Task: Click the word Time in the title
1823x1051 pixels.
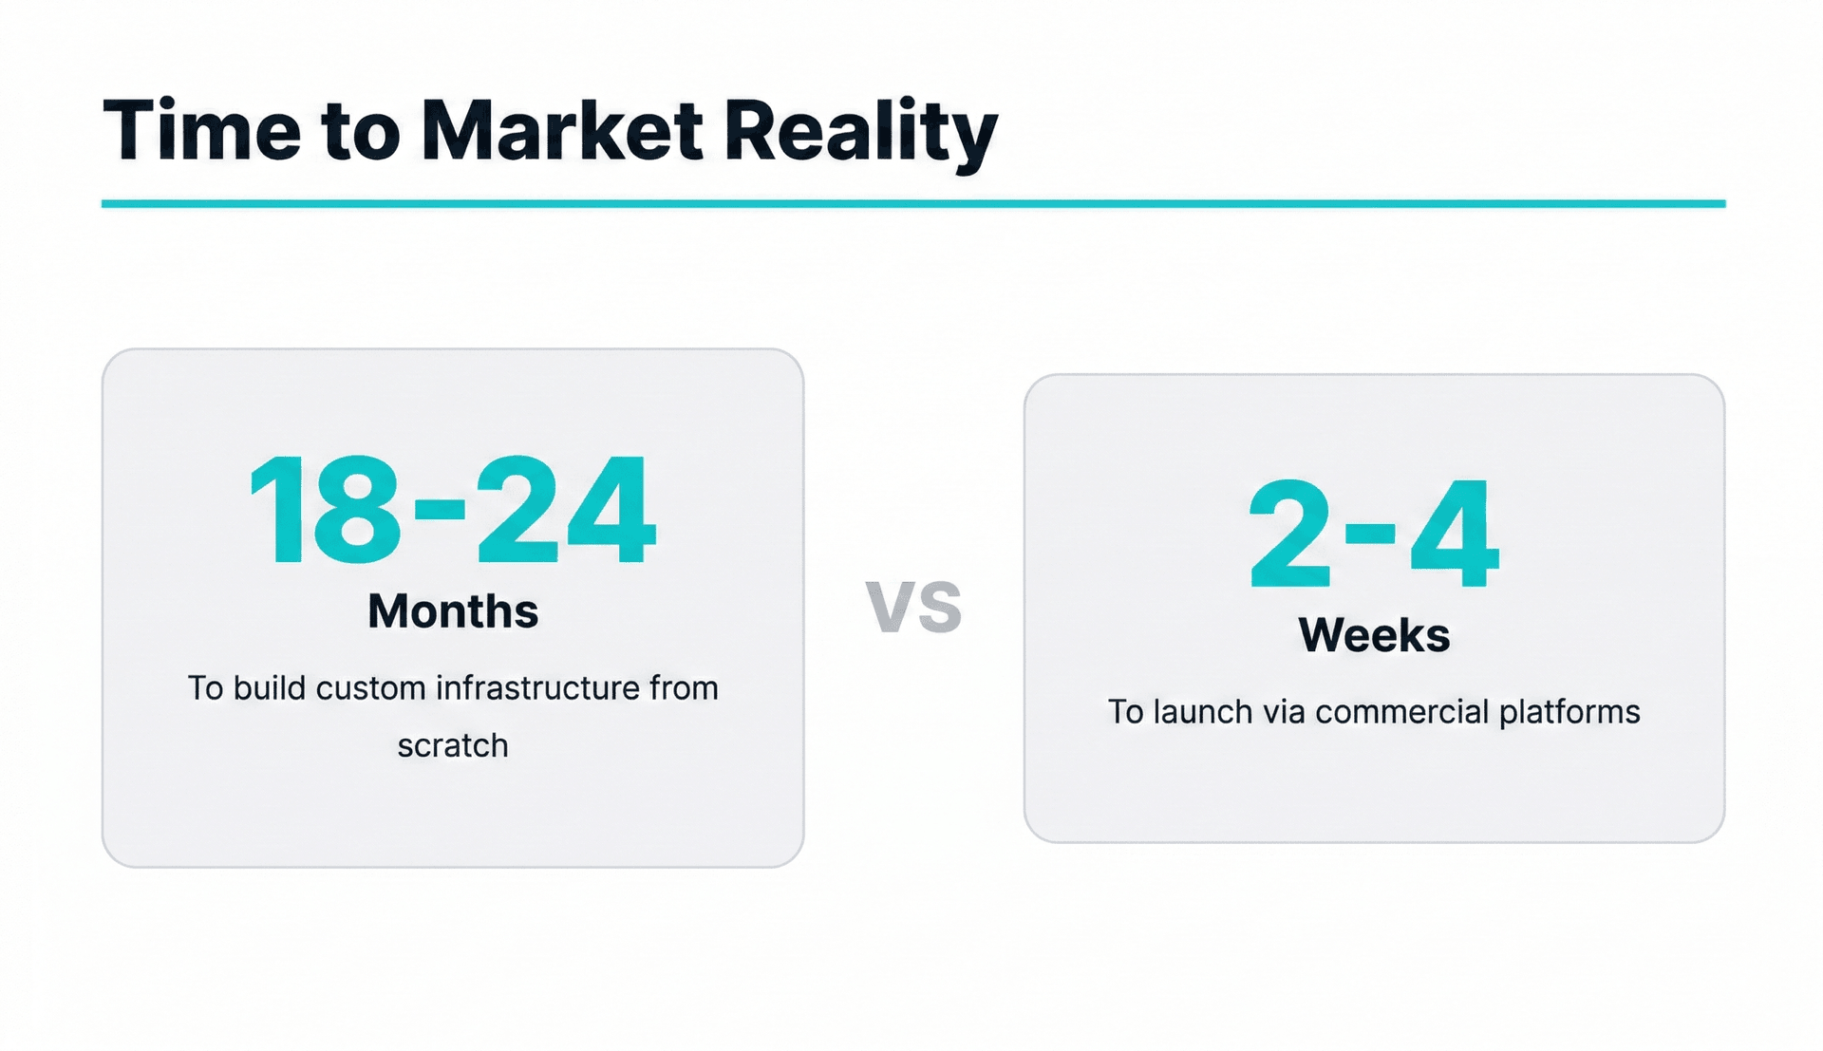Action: pos(201,130)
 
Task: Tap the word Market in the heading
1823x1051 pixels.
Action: pos(562,130)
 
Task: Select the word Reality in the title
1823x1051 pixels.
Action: pos(860,133)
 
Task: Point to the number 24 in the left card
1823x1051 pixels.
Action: pos(566,511)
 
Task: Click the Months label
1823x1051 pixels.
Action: pos(453,611)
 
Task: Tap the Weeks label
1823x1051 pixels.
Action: pos(1374,635)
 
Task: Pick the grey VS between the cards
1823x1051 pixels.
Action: pos(914,607)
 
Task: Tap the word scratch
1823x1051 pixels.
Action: pos(453,746)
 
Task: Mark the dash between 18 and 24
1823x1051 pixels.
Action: pos(440,510)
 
